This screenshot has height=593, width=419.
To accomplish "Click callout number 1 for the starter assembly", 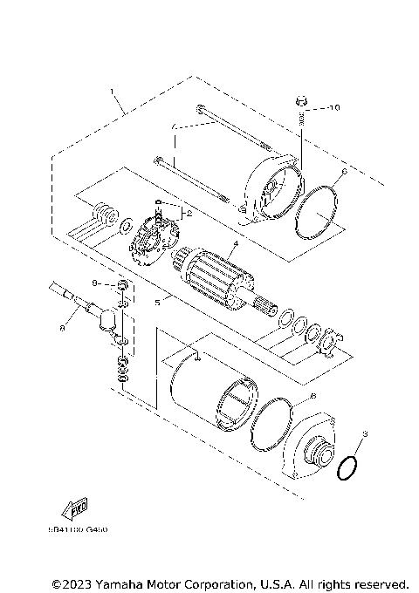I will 113,91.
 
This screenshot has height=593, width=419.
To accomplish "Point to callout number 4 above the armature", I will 235,247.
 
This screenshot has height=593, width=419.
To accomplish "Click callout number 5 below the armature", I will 157,303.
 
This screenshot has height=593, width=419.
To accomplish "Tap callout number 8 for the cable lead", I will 62,330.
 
